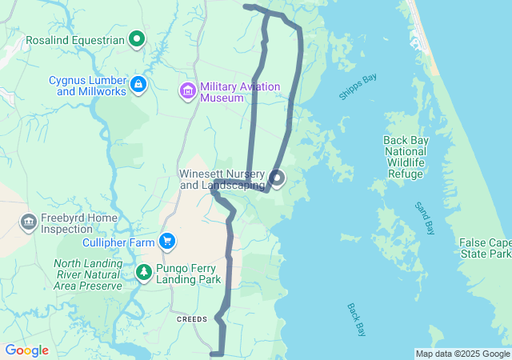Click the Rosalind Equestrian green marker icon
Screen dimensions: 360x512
point(137,38)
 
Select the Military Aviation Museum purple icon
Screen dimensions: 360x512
point(188,91)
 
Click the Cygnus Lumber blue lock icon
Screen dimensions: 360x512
point(138,84)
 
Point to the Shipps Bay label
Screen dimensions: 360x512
point(358,86)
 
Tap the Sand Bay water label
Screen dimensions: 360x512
point(424,218)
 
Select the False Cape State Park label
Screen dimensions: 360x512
point(485,248)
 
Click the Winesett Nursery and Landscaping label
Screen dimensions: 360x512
point(221,179)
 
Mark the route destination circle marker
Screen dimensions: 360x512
point(277,178)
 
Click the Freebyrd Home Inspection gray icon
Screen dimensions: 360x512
point(29,221)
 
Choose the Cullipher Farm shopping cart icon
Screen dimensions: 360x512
point(166,240)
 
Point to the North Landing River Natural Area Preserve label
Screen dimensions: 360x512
point(88,274)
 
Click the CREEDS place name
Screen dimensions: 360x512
point(192,318)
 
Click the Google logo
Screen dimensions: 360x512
point(26,350)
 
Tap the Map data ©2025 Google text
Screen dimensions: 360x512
point(462,354)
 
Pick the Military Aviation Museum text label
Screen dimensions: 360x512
point(239,92)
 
